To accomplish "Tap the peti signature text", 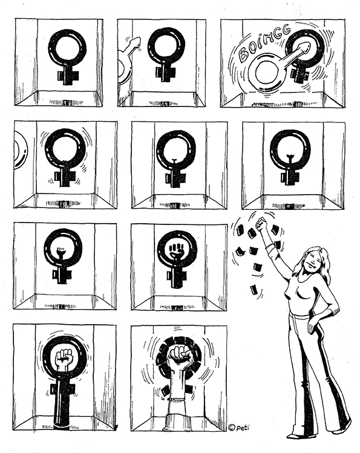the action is tap(243, 427).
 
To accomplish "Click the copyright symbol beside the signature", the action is tap(231, 427).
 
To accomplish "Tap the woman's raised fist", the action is tap(261, 223).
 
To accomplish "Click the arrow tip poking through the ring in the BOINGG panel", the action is tap(305, 47).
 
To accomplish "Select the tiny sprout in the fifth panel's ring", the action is tap(174, 161).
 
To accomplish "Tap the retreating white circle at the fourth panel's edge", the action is tap(21, 150).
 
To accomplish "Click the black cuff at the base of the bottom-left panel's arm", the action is tap(62, 427).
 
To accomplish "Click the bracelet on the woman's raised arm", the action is tap(270, 246).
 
